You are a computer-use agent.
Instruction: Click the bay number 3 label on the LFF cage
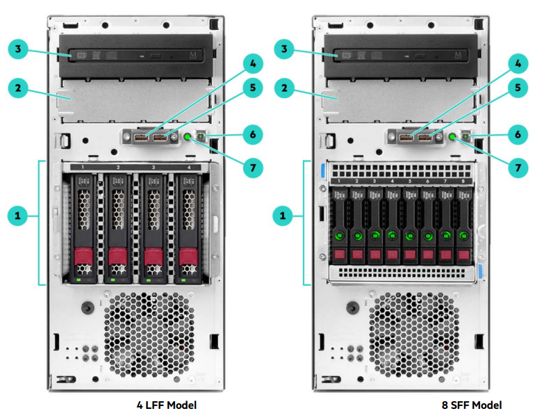tap(153, 168)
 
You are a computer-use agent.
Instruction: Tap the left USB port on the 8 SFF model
tap(405, 138)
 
